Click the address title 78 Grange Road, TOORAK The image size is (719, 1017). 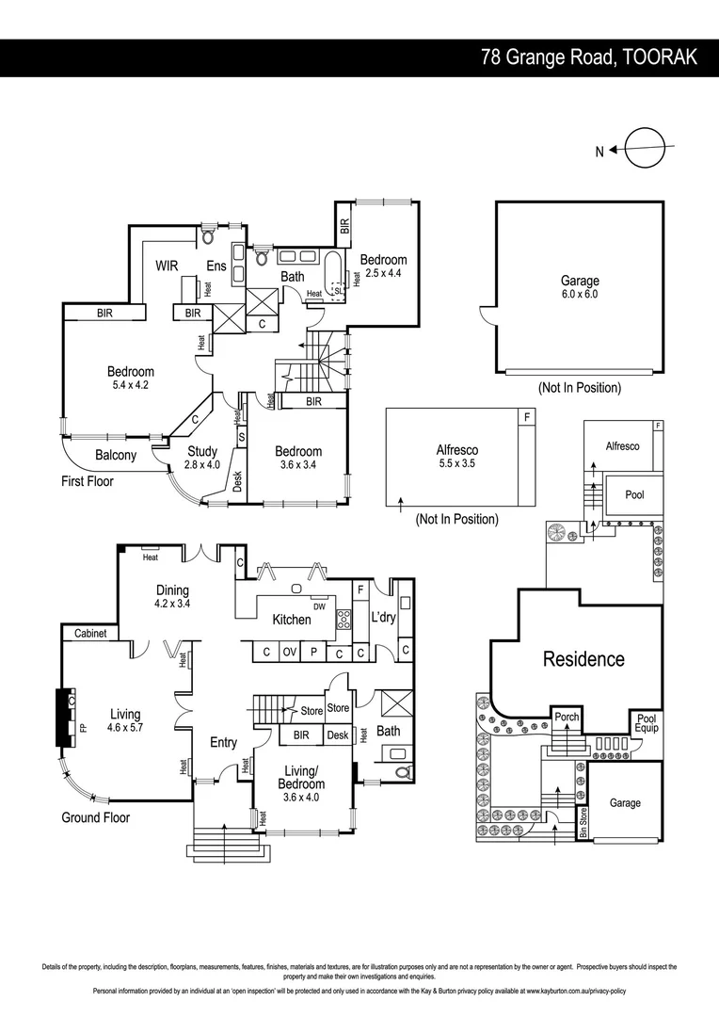589,57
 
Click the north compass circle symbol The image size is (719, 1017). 646,148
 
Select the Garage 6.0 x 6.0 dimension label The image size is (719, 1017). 580,287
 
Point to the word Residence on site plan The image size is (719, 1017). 583,659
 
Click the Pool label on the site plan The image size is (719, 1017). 634,494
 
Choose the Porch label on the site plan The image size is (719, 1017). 566,718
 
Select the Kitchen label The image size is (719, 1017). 292,620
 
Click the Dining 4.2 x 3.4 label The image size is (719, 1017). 172,597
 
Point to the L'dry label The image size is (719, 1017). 383,618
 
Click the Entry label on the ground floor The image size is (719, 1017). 223,743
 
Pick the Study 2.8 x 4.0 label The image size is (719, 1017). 201,458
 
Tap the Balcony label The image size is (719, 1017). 116,456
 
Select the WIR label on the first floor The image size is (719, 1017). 168,266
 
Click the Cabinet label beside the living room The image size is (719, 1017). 90,634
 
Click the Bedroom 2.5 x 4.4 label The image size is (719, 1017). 383,266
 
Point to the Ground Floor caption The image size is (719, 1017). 96,817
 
